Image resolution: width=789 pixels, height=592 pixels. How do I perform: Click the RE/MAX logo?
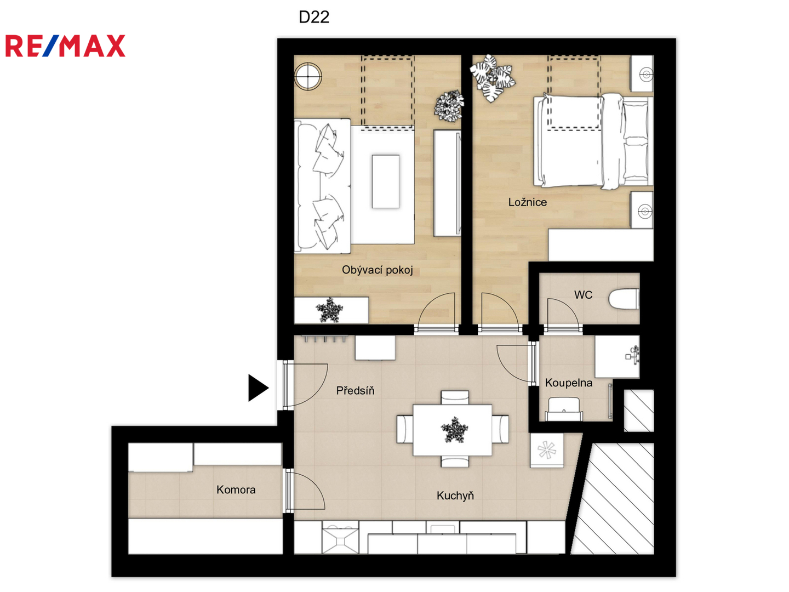[x=65, y=45]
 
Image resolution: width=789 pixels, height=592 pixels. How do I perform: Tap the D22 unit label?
[x=314, y=17]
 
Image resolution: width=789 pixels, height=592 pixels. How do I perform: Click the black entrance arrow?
[x=258, y=388]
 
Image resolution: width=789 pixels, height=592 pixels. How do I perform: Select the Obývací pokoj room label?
[x=377, y=270]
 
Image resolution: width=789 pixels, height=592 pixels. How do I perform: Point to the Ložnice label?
[x=527, y=202]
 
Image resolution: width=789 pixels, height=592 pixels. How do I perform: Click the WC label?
[x=583, y=295]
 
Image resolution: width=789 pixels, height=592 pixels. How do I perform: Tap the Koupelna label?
[x=569, y=383]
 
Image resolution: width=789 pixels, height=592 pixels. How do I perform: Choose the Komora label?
[x=236, y=489]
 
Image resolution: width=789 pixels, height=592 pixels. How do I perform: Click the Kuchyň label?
[x=455, y=496]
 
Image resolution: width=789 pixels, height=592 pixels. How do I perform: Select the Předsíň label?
[x=355, y=390]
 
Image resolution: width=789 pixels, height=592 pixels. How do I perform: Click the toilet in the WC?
[x=624, y=299]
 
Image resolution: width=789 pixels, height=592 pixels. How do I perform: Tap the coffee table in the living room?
[x=386, y=181]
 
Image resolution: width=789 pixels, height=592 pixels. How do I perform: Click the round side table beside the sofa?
[x=308, y=76]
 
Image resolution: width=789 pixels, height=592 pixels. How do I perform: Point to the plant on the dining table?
[x=454, y=430]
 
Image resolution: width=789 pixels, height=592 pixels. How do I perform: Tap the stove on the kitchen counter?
[x=340, y=537]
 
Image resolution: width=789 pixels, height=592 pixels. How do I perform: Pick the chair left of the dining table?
[x=405, y=429]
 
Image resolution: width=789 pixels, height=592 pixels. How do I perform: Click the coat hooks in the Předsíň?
[x=325, y=339]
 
